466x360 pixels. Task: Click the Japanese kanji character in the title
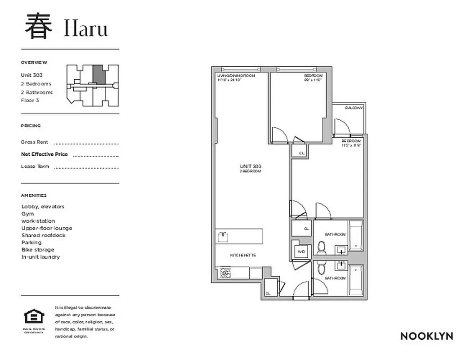tap(38, 27)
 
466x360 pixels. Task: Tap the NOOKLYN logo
tap(426, 336)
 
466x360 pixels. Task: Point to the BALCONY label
tap(354, 108)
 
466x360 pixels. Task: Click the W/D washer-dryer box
tap(301, 252)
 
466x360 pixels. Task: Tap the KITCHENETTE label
tap(243, 255)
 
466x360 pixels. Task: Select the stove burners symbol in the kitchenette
tap(225, 272)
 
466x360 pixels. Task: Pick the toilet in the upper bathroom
tap(322, 247)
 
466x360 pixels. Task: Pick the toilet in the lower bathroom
tap(322, 269)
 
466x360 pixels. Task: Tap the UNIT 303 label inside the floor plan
tap(251, 166)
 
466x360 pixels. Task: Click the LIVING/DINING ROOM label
tap(236, 76)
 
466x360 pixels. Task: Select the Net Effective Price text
tap(45, 154)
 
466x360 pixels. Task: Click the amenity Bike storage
tap(38, 250)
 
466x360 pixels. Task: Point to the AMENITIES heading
tap(34, 196)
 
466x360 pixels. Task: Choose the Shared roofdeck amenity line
tap(43, 235)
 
